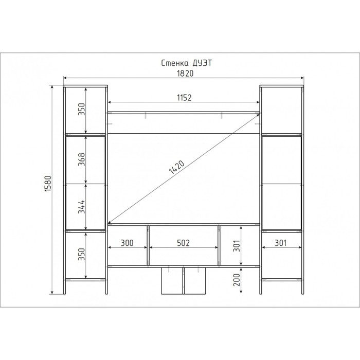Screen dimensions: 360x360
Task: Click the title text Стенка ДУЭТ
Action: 186,63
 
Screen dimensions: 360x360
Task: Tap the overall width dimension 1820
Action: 185,74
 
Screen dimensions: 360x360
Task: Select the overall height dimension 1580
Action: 48,184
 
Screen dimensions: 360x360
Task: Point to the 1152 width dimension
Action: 184,98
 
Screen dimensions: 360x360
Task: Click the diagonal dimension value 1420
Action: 177,167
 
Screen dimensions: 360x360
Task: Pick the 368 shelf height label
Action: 81,159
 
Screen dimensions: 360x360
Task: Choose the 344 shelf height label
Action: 81,207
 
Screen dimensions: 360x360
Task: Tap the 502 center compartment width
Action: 184,243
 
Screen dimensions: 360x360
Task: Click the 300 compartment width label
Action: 127,243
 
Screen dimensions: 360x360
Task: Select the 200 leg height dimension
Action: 237,280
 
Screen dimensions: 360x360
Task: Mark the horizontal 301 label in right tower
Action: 281,243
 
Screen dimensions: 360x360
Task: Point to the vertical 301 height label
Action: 237,246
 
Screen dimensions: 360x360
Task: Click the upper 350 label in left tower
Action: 81,109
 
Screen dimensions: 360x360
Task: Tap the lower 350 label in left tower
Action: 81,254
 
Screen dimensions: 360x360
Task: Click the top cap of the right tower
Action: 282,86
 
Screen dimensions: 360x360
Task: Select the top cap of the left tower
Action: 85,86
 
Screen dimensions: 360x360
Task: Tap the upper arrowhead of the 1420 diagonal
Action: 258,115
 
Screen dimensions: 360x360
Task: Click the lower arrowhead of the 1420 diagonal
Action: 110,222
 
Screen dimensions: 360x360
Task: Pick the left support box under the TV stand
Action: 172,281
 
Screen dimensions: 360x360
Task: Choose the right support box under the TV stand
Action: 195,281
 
